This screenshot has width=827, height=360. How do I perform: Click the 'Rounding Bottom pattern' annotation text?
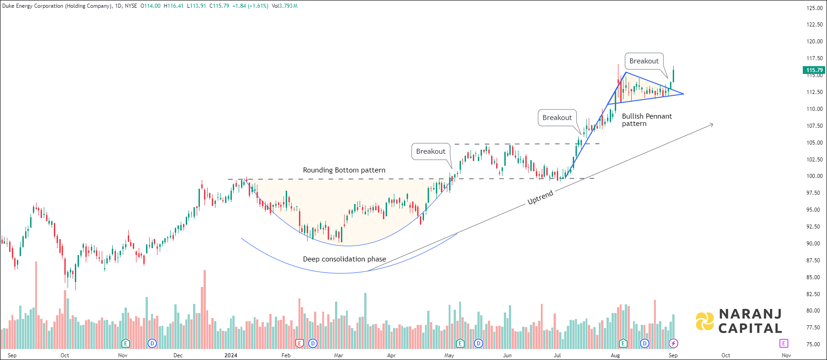point(344,170)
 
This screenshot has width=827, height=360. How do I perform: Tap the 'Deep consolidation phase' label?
point(344,259)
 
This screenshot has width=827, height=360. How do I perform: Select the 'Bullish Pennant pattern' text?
point(646,120)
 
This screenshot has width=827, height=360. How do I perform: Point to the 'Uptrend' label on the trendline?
point(540,197)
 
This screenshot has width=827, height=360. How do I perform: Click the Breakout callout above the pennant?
point(644,61)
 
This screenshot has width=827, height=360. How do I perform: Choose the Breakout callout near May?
point(430,151)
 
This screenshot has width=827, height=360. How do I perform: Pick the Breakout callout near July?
point(557,118)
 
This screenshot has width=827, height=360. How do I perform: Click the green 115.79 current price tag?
point(814,70)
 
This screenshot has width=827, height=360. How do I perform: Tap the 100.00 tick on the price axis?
point(815,176)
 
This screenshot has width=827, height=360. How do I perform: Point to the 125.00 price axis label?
point(815,8)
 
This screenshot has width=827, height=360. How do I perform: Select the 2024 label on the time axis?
point(231,355)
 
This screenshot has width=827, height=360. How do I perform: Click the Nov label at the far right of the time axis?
point(786,355)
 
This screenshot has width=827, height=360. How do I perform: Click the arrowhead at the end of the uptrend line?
point(712,124)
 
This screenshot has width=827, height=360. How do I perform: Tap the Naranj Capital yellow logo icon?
point(705,321)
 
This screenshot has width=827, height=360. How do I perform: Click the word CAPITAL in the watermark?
point(750,329)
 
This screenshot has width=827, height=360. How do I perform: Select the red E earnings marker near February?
point(299,343)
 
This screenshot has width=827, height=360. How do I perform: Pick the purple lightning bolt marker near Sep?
point(673,343)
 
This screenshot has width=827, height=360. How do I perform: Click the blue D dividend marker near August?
point(644,343)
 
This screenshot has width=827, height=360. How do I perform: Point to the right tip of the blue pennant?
point(683,94)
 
